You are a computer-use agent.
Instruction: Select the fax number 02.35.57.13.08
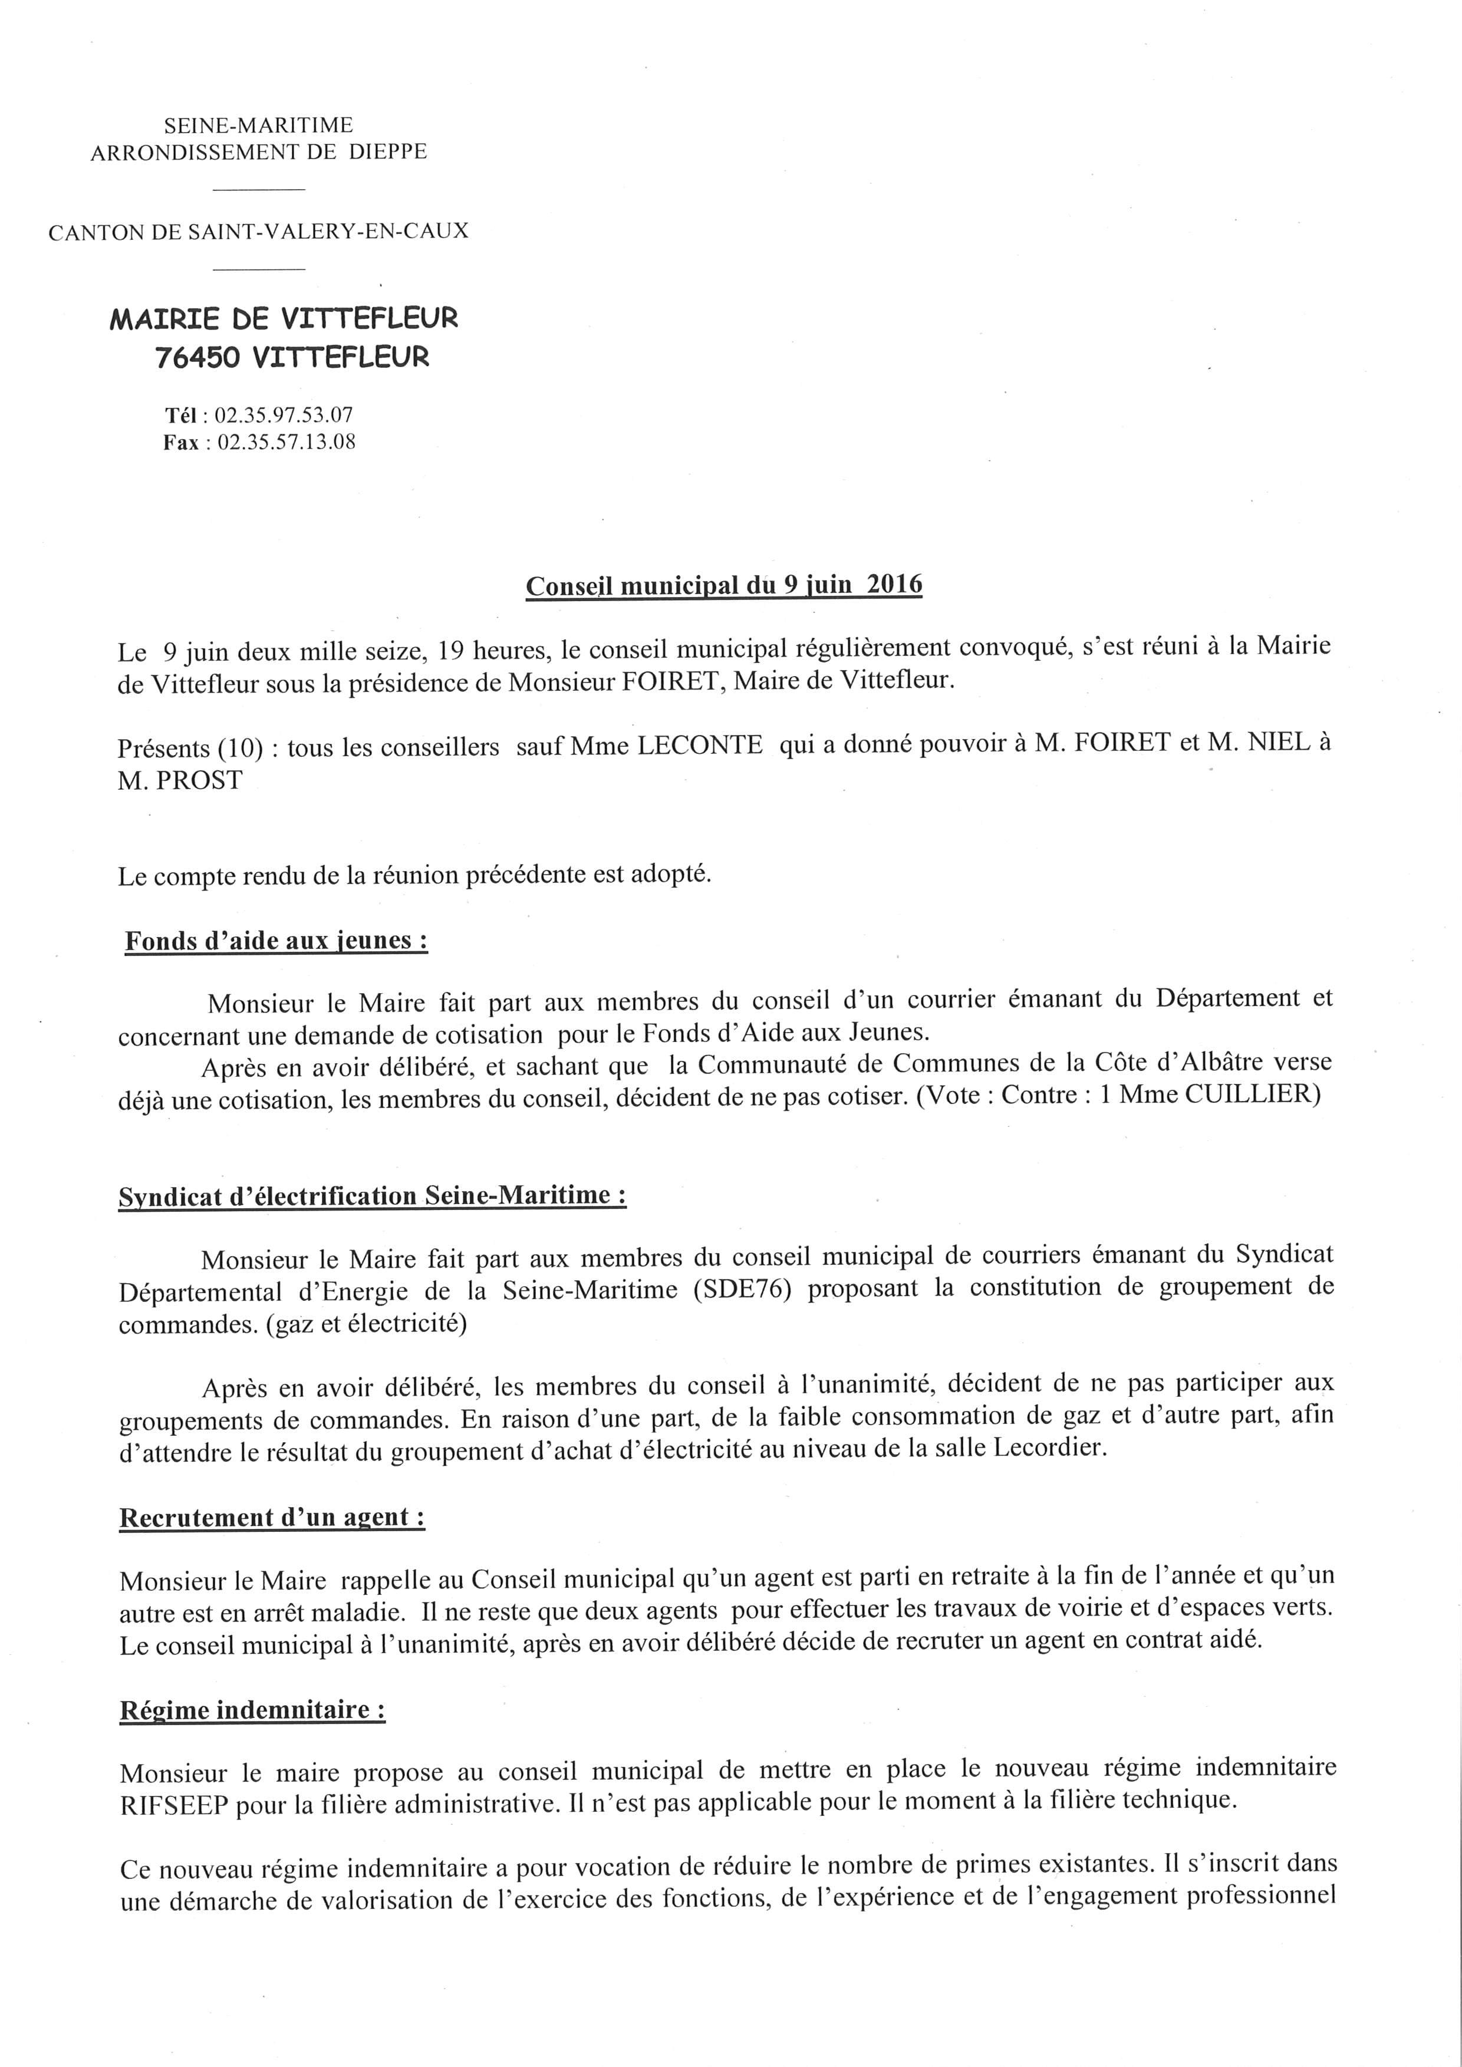[x=285, y=442]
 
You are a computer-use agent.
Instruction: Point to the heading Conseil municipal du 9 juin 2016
[x=724, y=585]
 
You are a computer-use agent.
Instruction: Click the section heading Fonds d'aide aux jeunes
[x=275, y=941]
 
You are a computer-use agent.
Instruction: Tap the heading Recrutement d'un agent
[x=272, y=1517]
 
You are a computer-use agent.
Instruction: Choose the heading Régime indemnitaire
[x=252, y=1710]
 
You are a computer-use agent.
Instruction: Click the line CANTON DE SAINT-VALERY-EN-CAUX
[x=258, y=232]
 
